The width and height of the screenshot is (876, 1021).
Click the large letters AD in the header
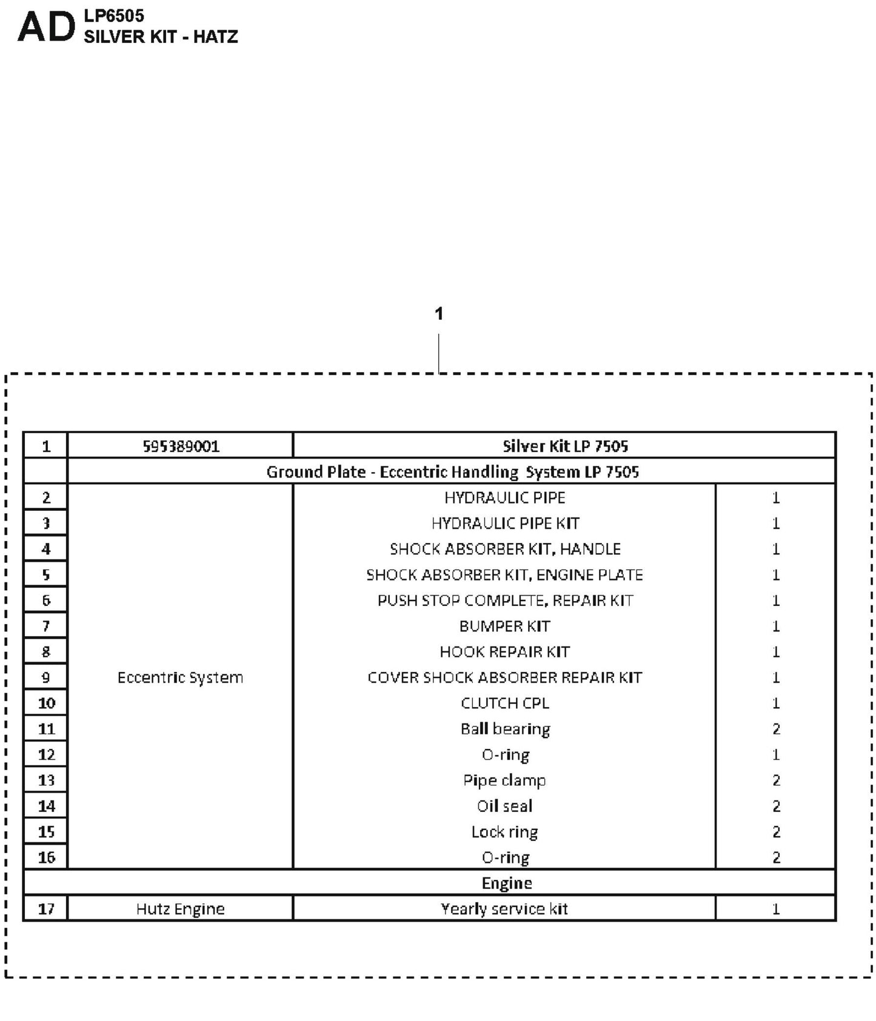(47, 28)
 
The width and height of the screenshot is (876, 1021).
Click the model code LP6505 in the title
(114, 16)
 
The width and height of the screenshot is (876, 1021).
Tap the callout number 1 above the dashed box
(439, 313)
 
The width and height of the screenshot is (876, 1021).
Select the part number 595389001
(181, 447)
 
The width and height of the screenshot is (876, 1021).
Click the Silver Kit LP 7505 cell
(565, 447)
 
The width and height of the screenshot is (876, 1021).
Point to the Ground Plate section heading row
(452, 472)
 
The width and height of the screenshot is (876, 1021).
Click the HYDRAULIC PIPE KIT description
(505, 524)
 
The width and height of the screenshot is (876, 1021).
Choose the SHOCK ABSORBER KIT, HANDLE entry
(505, 549)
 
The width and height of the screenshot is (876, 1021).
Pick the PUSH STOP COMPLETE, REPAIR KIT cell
(505, 600)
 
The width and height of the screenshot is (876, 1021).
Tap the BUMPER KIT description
(504, 626)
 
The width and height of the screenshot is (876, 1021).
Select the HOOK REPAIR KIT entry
(504, 652)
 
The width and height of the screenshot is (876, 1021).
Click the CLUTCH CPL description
(504, 703)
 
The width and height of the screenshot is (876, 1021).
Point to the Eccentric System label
(180, 677)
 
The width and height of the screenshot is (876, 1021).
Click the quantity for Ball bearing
(776, 729)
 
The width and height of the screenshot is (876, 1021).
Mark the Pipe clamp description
(504, 780)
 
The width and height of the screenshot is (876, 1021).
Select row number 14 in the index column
(46, 806)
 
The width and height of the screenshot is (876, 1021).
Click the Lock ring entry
(504, 832)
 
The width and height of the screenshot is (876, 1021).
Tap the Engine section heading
(507, 883)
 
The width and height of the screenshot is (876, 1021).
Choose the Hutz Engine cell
(180, 909)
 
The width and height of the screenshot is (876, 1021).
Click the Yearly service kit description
(504, 909)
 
